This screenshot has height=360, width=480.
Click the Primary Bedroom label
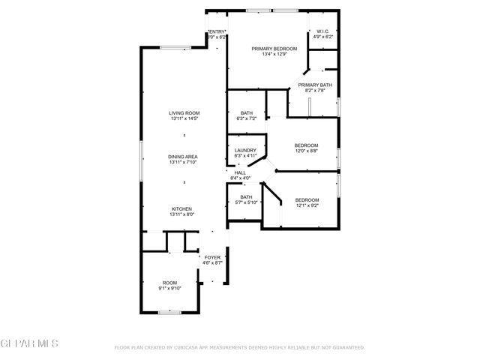click(280, 49)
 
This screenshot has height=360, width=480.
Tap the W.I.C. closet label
click(324, 31)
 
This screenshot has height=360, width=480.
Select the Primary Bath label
click(314, 85)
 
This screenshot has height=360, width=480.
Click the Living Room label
click(183, 113)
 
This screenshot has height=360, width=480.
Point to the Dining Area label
click(183, 156)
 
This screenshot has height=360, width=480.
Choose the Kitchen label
click(182, 208)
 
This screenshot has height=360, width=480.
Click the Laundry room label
click(245, 150)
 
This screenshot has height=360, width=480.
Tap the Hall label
click(240, 172)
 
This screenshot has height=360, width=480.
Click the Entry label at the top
click(217, 31)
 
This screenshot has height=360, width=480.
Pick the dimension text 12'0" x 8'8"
click(306, 151)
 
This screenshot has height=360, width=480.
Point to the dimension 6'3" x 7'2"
click(246, 118)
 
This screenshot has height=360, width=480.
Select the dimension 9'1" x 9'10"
click(170, 288)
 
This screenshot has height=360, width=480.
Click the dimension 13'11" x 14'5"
click(183, 118)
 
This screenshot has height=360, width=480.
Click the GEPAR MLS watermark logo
click(29, 343)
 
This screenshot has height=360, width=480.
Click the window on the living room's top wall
click(174, 48)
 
